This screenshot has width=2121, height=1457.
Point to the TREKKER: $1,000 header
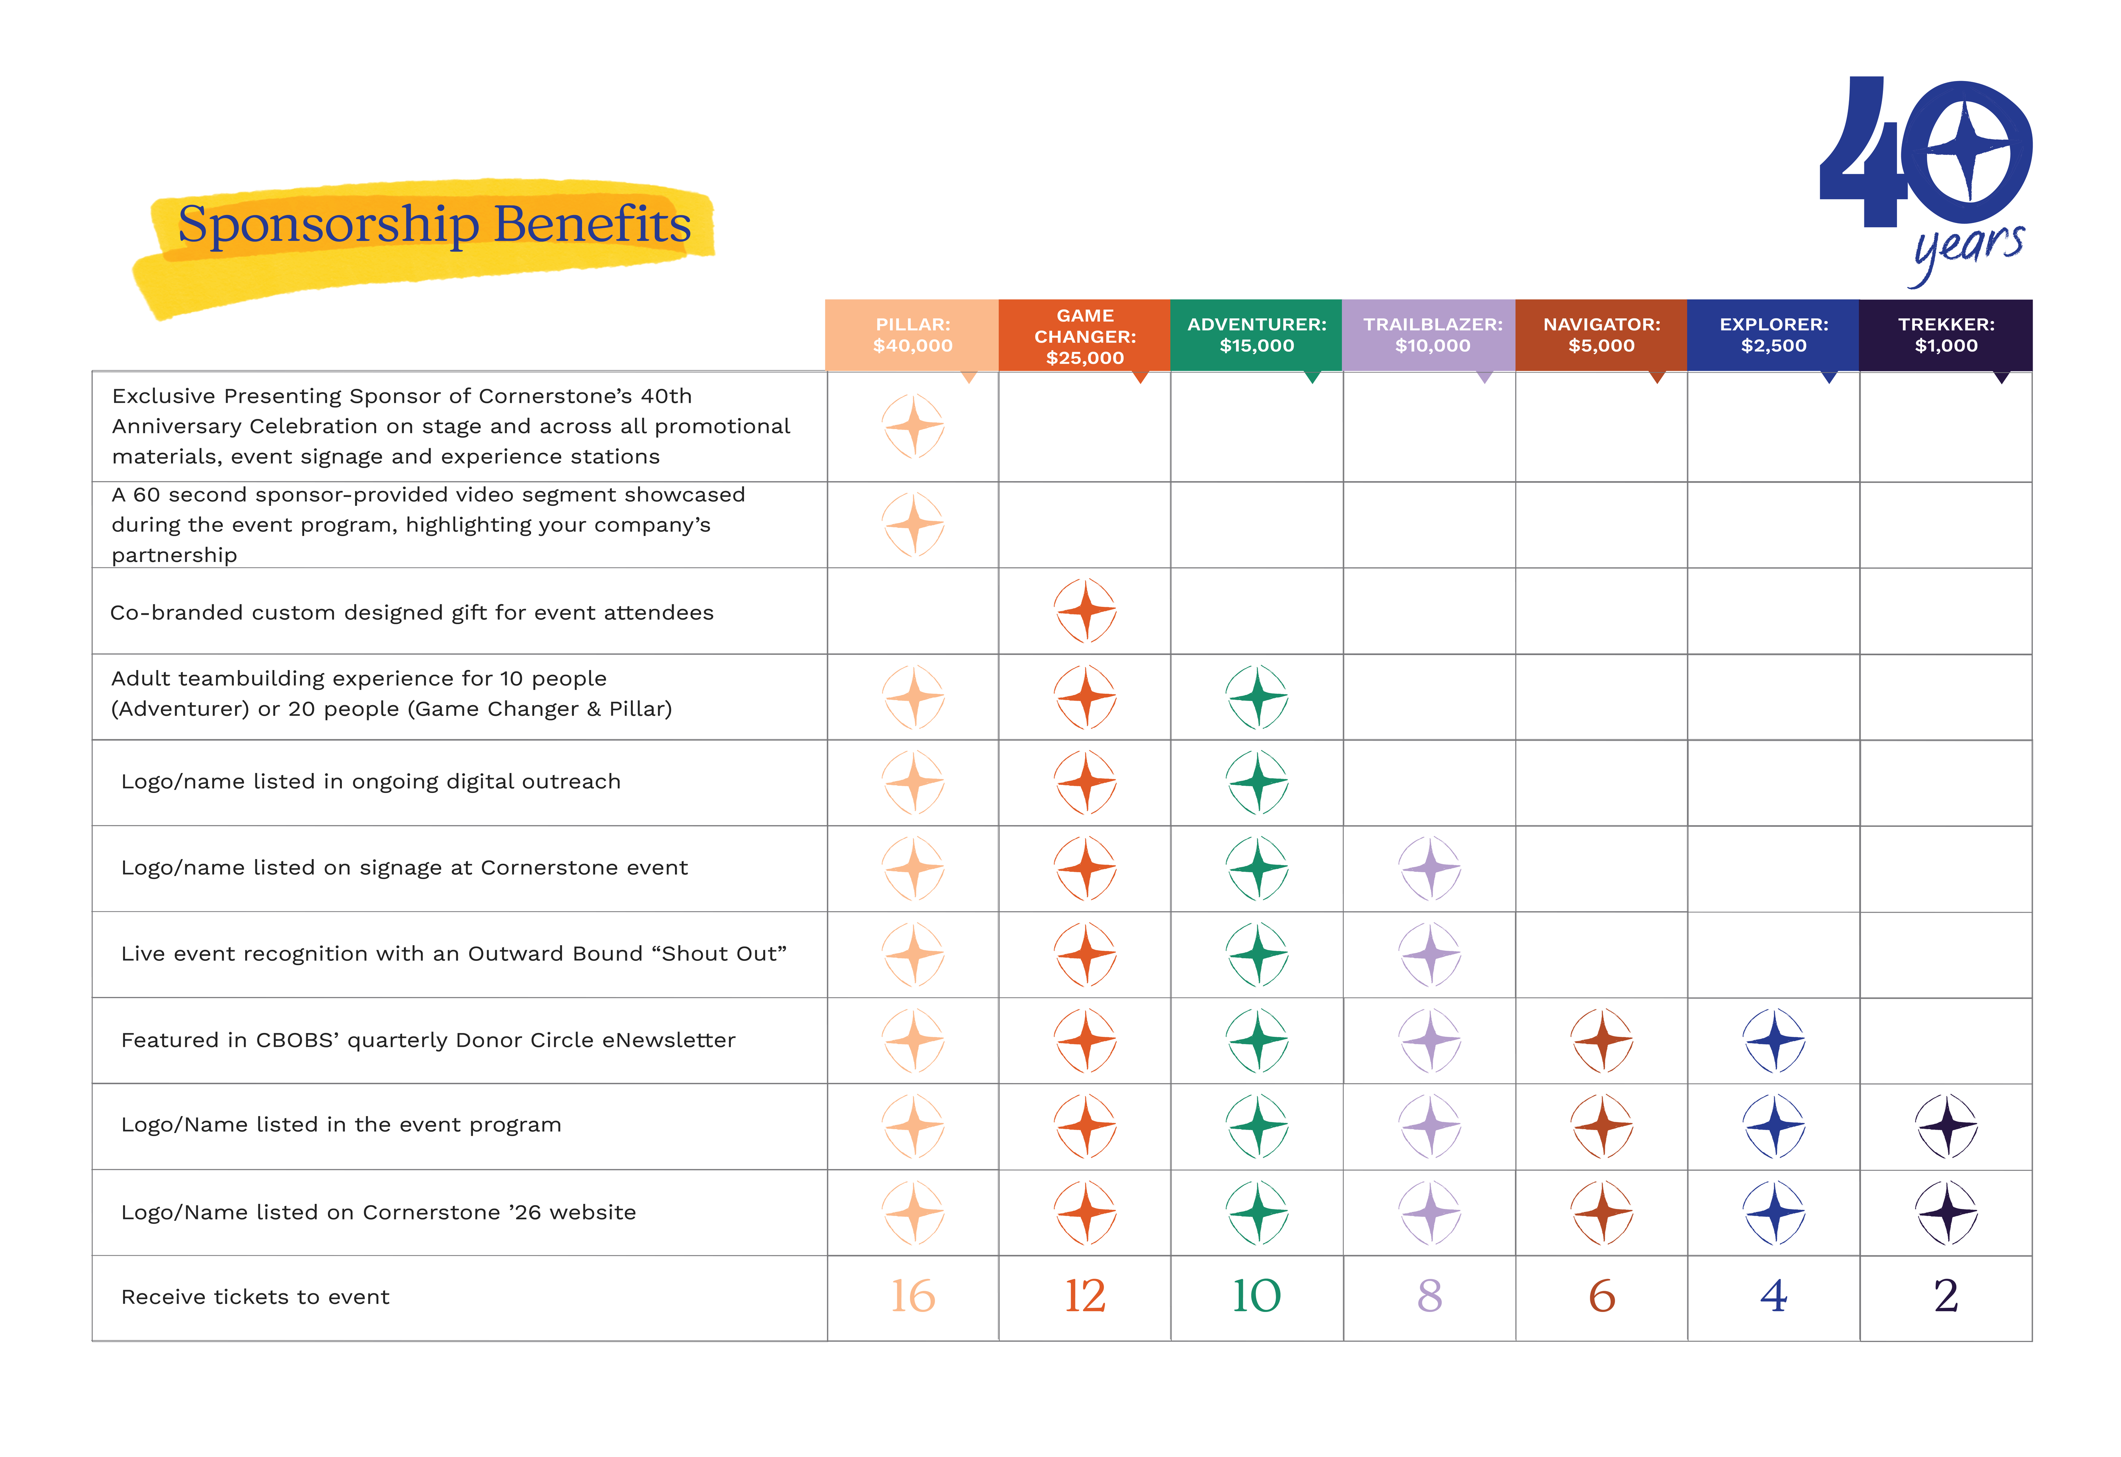[x=1946, y=335]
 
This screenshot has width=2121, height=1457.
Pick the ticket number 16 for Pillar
[x=913, y=1296]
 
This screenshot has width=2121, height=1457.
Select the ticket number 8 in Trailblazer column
[x=1430, y=1296]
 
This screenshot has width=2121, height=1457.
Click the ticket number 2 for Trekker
[x=1946, y=1296]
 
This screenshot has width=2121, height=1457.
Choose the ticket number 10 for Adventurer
[x=1257, y=1296]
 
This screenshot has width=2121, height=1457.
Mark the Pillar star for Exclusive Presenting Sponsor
[x=913, y=425]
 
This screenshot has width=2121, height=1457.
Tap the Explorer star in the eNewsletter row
[x=1774, y=1040]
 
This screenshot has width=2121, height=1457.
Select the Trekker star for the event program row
[x=1946, y=1126]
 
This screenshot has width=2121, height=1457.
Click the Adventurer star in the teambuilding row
[x=1257, y=697]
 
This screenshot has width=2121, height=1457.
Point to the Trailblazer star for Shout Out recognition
[x=1430, y=954]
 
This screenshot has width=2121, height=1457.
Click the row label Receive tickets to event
[x=256, y=1297]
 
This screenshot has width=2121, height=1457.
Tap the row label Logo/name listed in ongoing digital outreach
[x=371, y=782]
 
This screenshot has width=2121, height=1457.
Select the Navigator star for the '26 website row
[x=1602, y=1212]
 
